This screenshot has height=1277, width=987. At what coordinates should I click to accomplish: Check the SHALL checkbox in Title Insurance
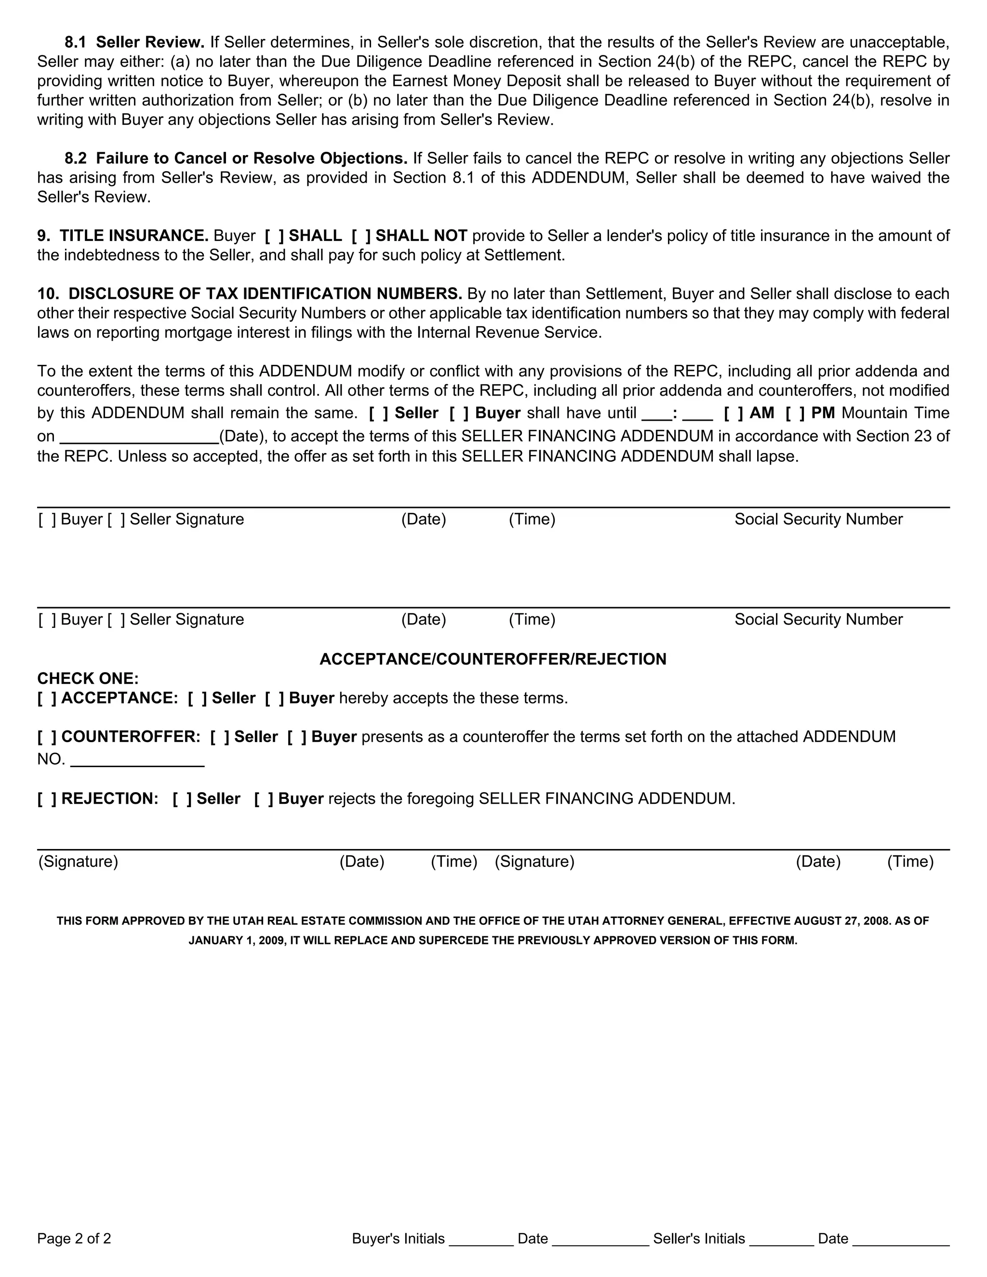tap(274, 236)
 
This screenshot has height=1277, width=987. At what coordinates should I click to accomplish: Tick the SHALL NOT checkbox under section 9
tap(361, 236)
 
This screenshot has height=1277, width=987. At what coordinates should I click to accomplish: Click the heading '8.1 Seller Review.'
tap(134, 42)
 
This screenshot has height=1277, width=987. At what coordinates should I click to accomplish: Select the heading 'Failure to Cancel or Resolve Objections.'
tap(252, 159)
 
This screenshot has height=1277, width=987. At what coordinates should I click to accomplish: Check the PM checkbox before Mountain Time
tap(795, 413)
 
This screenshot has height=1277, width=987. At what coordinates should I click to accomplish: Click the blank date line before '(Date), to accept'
tap(139, 437)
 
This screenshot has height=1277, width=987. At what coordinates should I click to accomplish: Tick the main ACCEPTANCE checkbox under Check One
tap(47, 698)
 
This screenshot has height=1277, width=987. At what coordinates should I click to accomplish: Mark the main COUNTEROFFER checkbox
tap(47, 737)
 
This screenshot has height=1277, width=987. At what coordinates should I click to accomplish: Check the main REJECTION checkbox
tap(47, 798)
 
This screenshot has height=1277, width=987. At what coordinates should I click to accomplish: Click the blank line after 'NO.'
tap(137, 760)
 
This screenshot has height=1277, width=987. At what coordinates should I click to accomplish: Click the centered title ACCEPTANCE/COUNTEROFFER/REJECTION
tap(493, 660)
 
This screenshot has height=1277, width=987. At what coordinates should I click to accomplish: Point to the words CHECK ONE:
tap(88, 679)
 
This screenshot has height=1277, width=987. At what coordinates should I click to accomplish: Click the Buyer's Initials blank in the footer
tap(480, 1238)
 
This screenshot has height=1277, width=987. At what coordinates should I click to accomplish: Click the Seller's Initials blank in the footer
tap(781, 1238)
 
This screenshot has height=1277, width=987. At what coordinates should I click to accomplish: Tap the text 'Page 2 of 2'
tap(74, 1238)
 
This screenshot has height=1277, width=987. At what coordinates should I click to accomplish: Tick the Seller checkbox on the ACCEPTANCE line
tap(197, 698)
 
